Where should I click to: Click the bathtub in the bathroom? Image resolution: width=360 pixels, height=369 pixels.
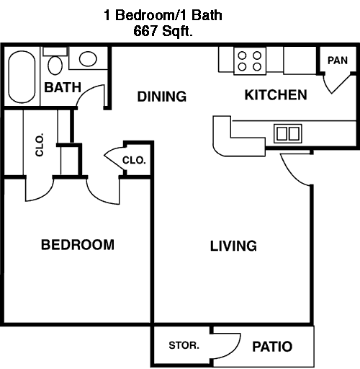22,76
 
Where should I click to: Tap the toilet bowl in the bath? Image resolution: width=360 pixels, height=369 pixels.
55,66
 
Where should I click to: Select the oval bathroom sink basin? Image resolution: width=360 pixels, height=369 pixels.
88,59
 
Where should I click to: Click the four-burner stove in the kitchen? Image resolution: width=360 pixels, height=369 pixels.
250,61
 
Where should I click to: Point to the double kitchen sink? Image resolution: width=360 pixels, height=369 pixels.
288,133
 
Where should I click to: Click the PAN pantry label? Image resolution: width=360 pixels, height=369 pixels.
338,61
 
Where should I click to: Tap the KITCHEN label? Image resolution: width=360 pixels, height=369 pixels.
276,94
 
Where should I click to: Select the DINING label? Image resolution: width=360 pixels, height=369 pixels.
162,97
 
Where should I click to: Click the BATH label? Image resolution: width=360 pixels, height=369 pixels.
63,87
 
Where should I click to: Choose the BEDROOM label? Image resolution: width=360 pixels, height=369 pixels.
78,245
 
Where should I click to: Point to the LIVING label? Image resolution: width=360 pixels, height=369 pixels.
233,246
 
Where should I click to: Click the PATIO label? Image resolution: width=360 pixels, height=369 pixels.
272,347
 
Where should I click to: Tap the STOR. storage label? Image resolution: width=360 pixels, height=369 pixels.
184,345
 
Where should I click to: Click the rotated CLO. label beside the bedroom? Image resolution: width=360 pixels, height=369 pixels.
40,144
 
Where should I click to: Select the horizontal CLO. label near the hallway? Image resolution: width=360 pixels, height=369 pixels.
134,160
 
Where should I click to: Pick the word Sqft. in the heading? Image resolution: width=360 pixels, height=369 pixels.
177,31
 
